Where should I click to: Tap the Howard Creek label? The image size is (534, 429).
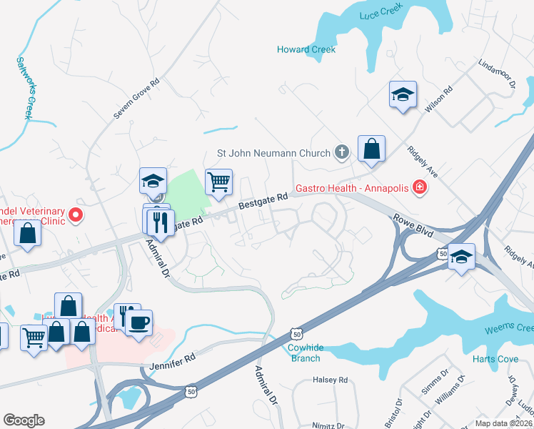(306, 49)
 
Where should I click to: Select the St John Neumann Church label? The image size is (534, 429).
(274, 153)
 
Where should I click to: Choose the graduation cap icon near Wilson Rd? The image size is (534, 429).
(403, 94)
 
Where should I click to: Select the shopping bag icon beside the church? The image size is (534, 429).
(371, 149)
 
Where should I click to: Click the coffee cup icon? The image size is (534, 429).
(139, 322)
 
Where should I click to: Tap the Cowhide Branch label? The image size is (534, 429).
(306, 353)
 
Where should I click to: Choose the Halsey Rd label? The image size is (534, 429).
(330, 380)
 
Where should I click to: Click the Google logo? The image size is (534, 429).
(24, 420)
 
